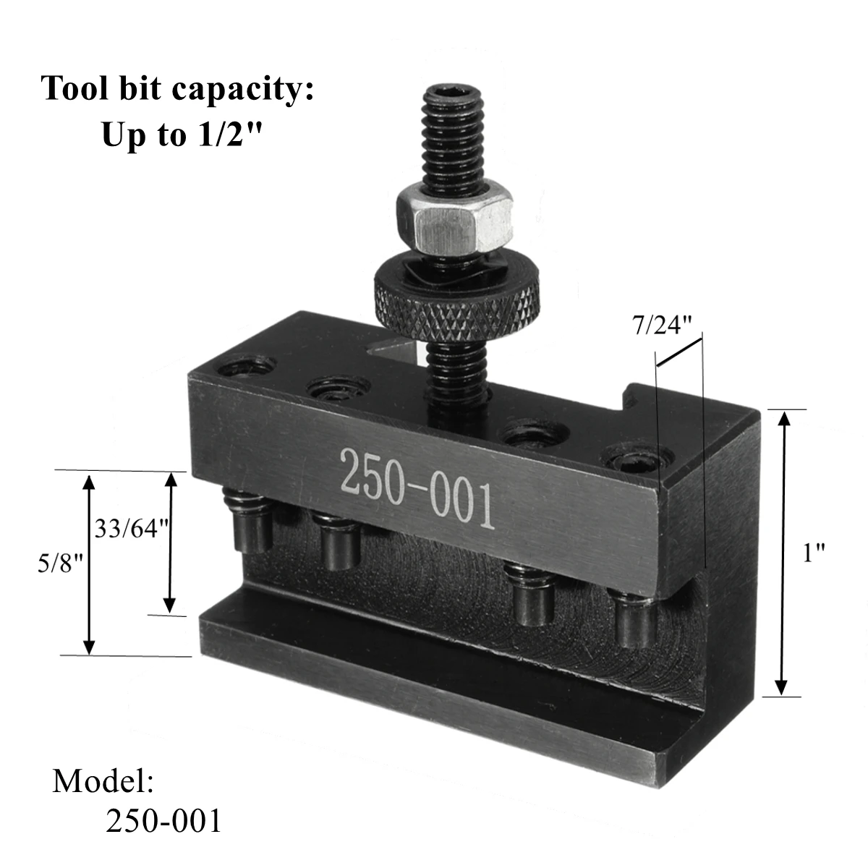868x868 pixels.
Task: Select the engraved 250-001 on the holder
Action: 417,487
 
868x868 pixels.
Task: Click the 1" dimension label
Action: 814,554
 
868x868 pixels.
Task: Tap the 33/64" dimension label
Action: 132,528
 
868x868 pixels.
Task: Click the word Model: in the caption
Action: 103,783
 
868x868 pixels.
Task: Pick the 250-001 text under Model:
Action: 163,822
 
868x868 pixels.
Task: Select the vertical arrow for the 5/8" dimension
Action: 89,563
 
